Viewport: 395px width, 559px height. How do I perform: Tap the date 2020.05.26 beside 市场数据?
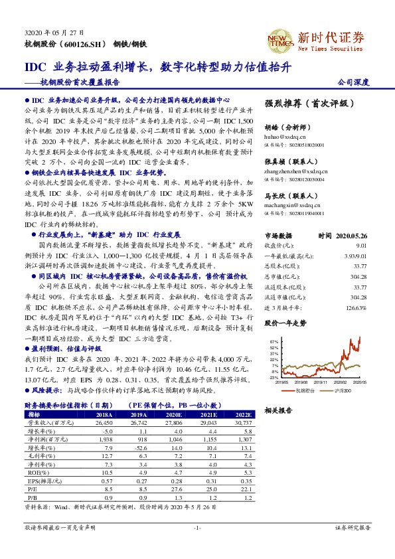(x=352, y=235)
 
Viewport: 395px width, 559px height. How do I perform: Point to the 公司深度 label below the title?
(x=354, y=82)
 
